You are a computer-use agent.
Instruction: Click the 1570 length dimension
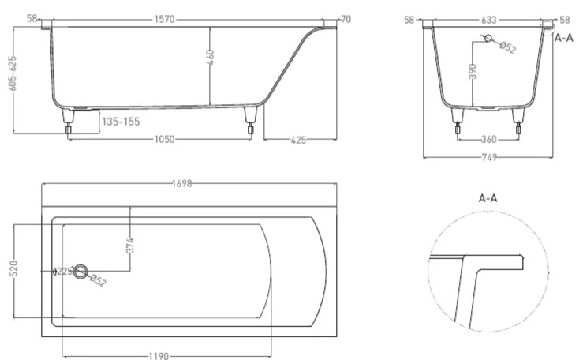tap(164, 19)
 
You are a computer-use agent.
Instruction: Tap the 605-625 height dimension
tap(13, 73)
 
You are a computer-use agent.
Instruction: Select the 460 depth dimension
tap(210, 57)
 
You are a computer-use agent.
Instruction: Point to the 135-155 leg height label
tap(121, 122)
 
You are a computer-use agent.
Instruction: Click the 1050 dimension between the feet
tap(164, 139)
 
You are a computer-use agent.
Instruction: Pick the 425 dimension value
tap(298, 140)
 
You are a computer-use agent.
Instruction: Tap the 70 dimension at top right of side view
tap(346, 19)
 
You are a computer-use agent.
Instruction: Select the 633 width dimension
tap(488, 19)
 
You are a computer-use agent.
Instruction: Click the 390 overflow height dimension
tap(473, 71)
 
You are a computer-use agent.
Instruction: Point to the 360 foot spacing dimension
tap(488, 139)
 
